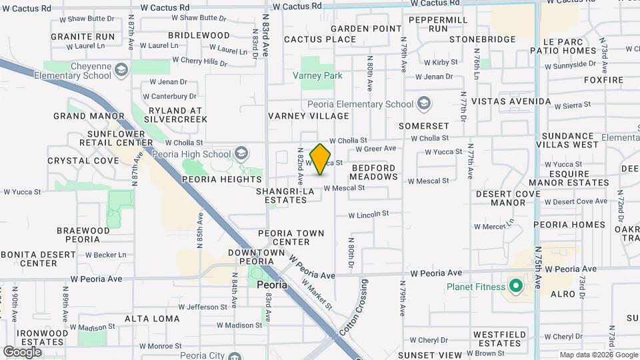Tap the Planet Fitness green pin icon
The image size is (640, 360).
(x=515, y=287)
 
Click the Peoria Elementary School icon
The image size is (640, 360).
(x=424, y=104)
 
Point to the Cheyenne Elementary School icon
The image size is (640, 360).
(x=121, y=69)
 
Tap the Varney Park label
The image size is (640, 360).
(x=317, y=75)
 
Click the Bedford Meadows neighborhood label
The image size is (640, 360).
(x=373, y=173)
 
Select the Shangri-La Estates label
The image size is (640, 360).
(x=285, y=195)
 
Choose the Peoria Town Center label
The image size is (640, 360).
(x=291, y=237)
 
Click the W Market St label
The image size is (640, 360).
(x=317, y=294)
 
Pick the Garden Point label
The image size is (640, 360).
(x=366, y=29)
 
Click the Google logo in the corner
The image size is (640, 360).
(x=22, y=352)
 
